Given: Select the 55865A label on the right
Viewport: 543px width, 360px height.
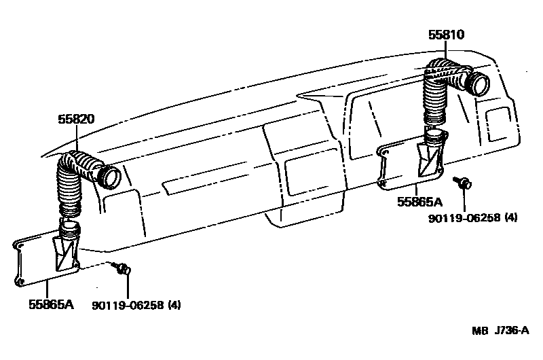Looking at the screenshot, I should tap(419, 202).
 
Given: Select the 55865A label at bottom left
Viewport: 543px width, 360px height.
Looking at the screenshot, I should tap(51, 304).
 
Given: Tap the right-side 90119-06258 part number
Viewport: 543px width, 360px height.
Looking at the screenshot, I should tap(464, 218).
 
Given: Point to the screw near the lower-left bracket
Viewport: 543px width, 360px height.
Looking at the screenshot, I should tap(122, 270).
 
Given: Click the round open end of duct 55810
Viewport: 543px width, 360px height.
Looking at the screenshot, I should tap(480, 85).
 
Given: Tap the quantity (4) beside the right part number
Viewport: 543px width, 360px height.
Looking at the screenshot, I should tap(511, 218).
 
